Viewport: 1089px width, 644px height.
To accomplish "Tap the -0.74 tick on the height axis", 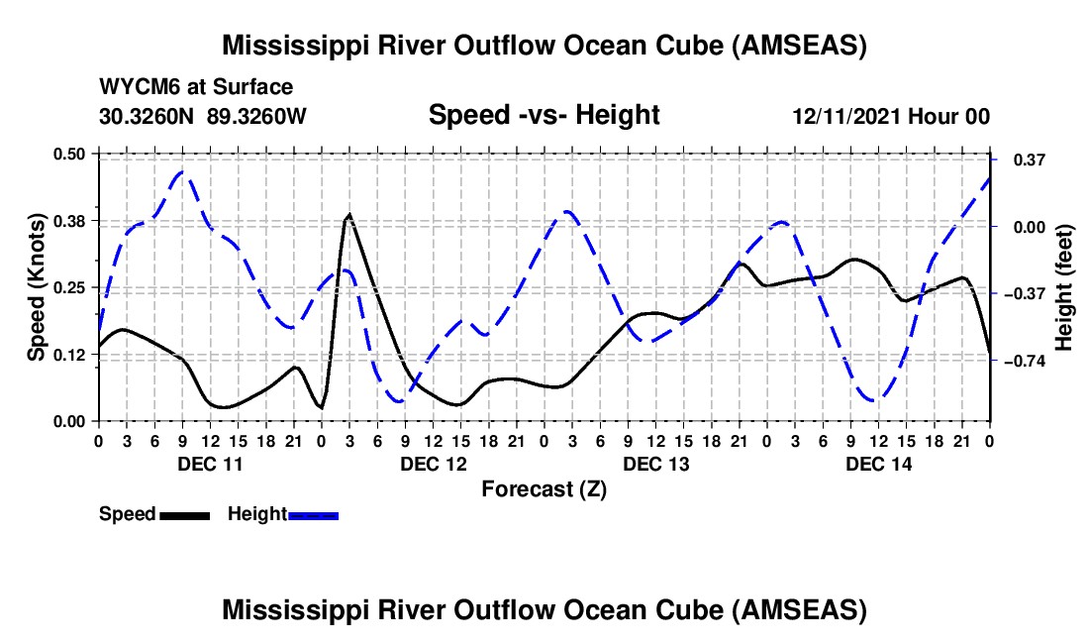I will click(x=1024, y=362).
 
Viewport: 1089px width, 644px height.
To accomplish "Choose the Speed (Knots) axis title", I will click(x=37, y=287).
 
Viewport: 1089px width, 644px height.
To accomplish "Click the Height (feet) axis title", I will click(x=1064, y=287).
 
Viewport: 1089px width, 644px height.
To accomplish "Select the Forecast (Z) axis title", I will click(x=544, y=488).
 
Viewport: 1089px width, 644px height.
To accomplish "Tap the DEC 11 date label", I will click(x=209, y=464).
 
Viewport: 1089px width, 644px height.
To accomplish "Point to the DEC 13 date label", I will click(x=654, y=464).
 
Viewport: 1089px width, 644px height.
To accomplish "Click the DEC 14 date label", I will click(x=878, y=464).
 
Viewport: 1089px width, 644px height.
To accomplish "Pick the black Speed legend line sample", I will click(x=184, y=514).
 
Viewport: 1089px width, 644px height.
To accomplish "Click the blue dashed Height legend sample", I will click(x=313, y=514).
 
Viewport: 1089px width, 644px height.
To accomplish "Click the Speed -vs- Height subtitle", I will click(x=544, y=115).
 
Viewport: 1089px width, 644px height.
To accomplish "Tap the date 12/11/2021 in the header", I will click(x=847, y=116).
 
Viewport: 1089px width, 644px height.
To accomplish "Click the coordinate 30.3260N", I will click(x=148, y=116).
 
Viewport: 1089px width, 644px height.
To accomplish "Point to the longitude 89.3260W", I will click(x=256, y=116).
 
